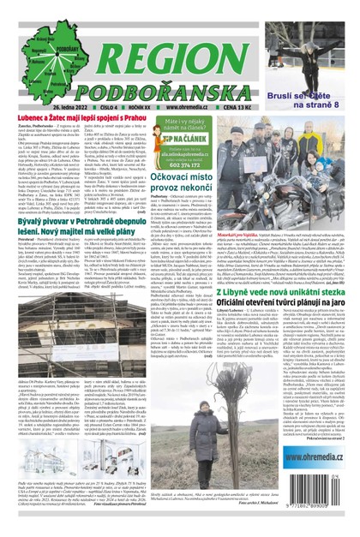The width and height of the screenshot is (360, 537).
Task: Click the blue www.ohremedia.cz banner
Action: coord(319,486)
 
